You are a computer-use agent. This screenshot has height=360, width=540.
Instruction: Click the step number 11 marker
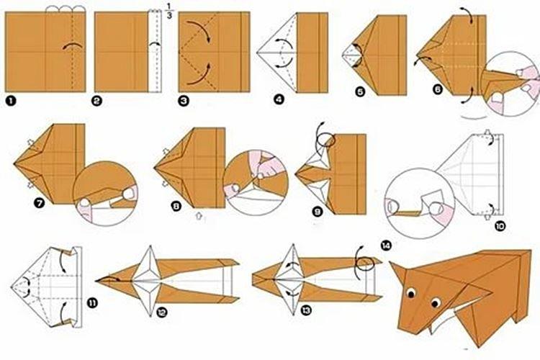point(91,303)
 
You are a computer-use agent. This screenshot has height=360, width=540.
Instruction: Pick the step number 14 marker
point(388,246)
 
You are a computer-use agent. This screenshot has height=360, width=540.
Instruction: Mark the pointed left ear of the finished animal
point(398,273)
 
